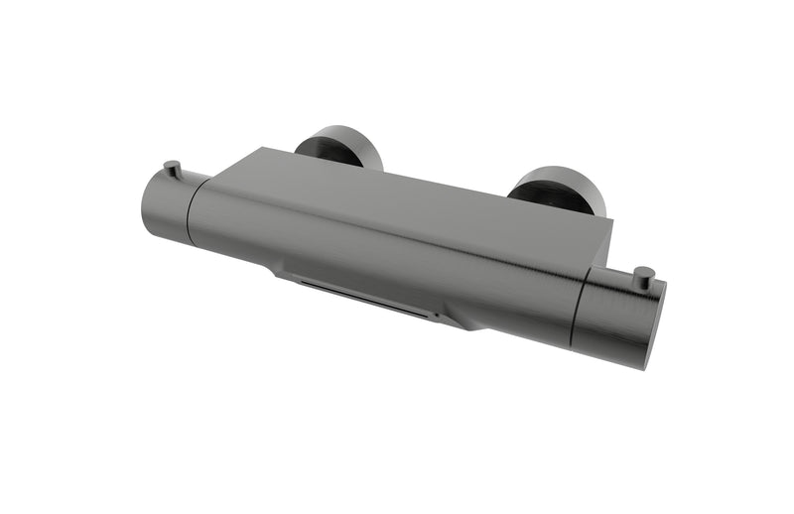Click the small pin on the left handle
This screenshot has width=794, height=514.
click(x=173, y=169)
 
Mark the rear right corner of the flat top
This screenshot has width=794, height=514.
click(x=611, y=219)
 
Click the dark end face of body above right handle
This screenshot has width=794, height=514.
click(x=600, y=248)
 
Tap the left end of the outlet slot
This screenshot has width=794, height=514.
click(x=304, y=282)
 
